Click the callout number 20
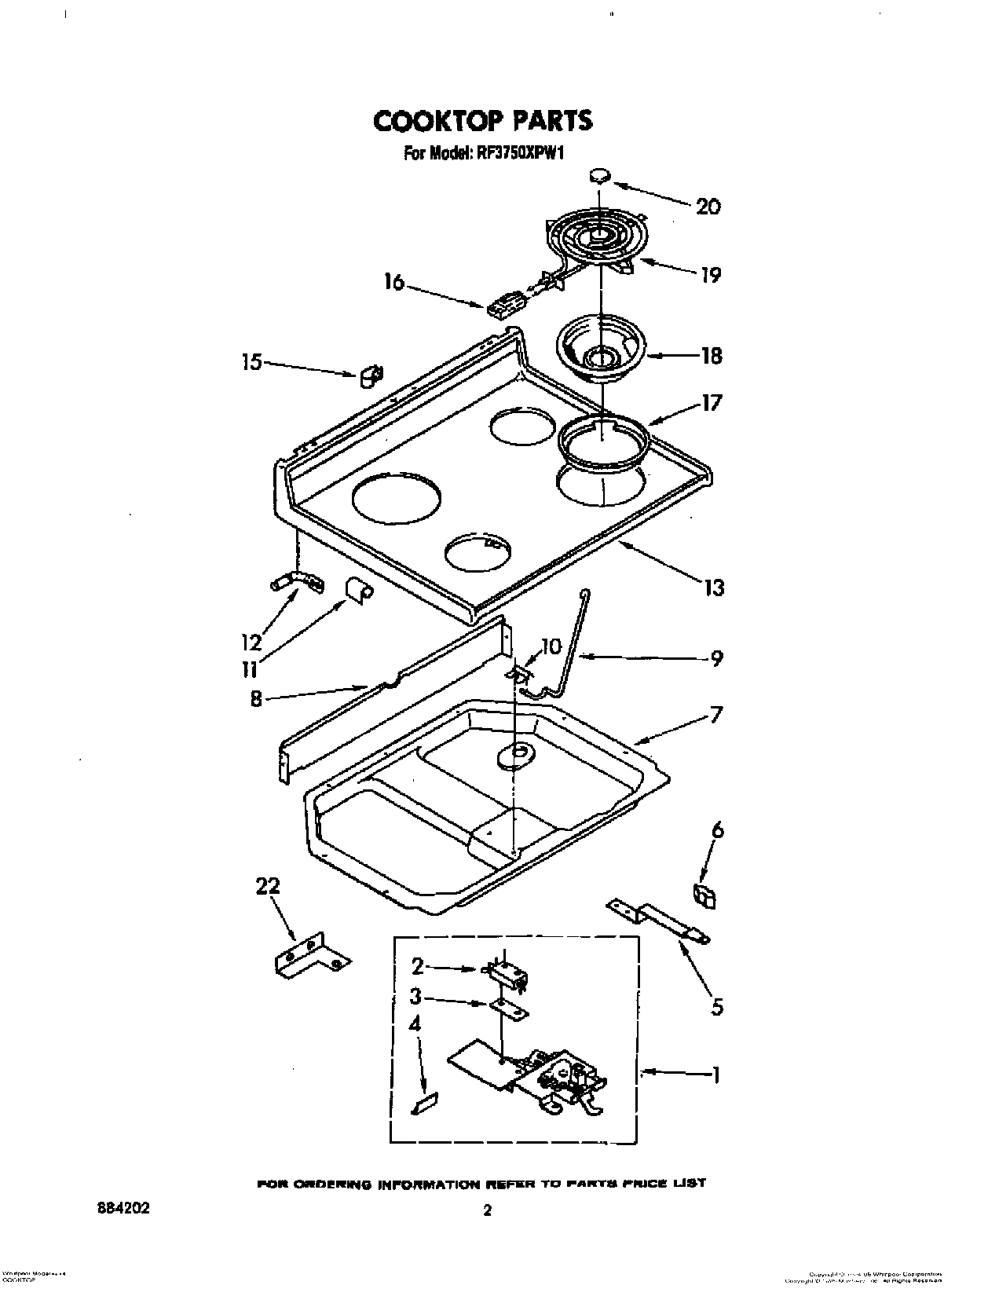pos(707,207)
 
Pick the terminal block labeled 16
pos(505,306)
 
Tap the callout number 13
pos(713,587)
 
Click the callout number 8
pos(256,698)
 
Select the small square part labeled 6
pos(704,895)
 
